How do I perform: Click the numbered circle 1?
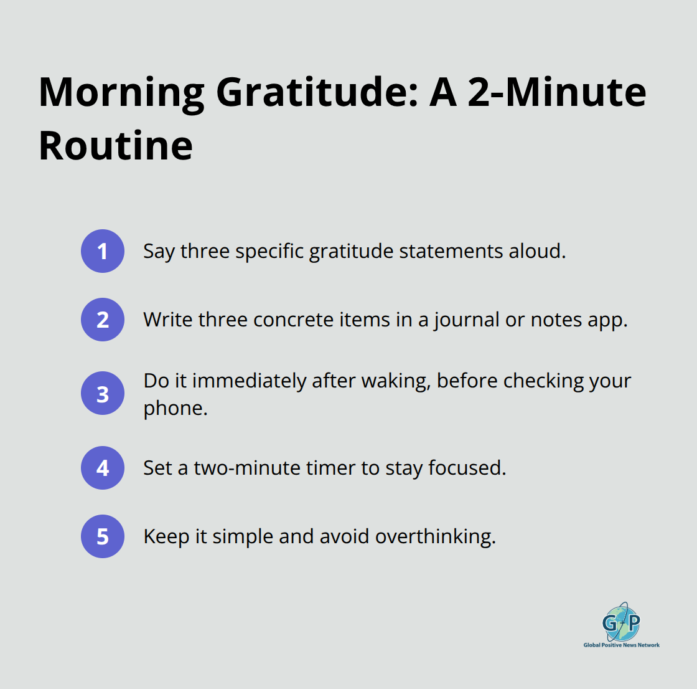tap(103, 251)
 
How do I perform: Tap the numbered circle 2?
tap(103, 320)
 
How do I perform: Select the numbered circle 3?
tap(103, 394)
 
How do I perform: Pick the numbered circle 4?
tap(103, 468)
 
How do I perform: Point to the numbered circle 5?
tap(103, 536)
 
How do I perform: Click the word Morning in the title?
tap(121, 92)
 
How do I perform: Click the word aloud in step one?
tap(536, 251)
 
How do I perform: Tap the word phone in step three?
tap(175, 408)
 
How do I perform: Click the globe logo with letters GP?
tap(621, 622)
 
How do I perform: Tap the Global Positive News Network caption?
tap(621, 645)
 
